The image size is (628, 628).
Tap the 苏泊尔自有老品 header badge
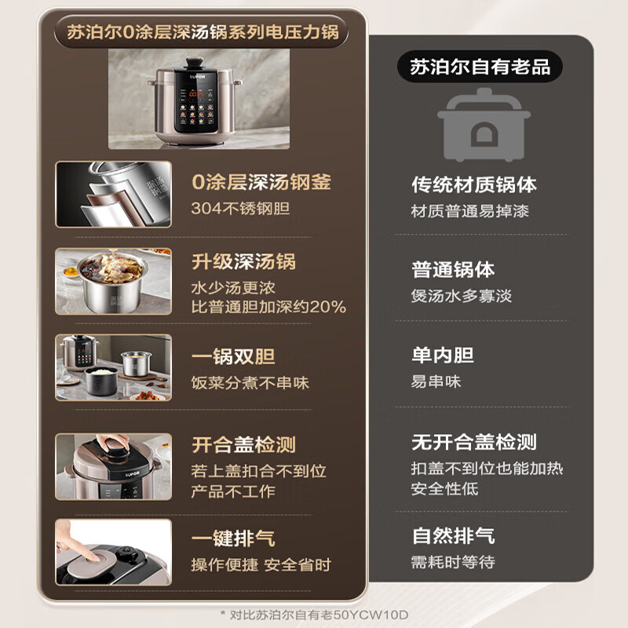tap(480, 66)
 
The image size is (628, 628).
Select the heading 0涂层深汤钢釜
tap(261, 183)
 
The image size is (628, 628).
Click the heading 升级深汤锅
tap(243, 261)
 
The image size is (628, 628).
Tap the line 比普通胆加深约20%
tap(268, 307)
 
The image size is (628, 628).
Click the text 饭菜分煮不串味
tap(250, 383)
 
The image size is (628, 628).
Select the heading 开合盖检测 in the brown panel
tap(243, 445)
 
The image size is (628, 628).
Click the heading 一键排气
tap(233, 539)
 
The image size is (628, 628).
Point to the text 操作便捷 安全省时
tap(261, 565)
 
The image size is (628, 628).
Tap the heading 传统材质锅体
tap(474, 184)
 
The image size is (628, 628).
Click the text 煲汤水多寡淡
tap(462, 296)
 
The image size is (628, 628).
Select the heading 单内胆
tap(443, 356)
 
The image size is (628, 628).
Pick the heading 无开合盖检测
tap(474, 442)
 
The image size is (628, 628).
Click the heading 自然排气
tap(453, 536)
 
